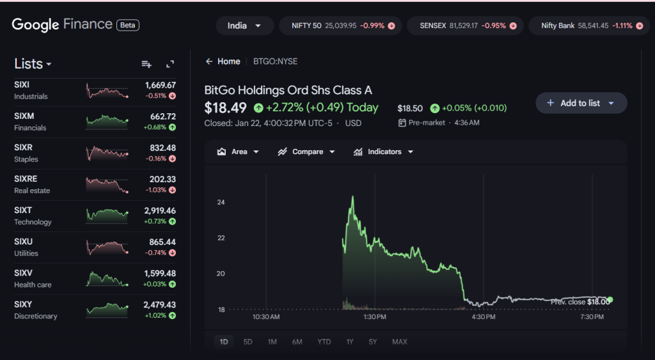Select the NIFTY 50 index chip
click(x=341, y=26)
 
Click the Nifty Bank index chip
click(x=587, y=26)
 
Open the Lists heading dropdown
click(x=33, y=64)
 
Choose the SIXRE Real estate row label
click(x=32, y=185)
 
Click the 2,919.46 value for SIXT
click(x=160, y=210)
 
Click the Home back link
click(x=223, y=61)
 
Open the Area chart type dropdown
click(x=238, y=152)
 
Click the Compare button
click(x=306, y=152)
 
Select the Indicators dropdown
click(x=383, y=152)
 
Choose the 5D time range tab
click(x=248, y=342)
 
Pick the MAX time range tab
click(x=399, y=342)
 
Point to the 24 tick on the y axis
click(x=221, y=202)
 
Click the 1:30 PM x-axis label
click(x=374, y=317)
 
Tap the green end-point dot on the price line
click(x=610, y=299)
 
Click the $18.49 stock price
click(x=225, y=107)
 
